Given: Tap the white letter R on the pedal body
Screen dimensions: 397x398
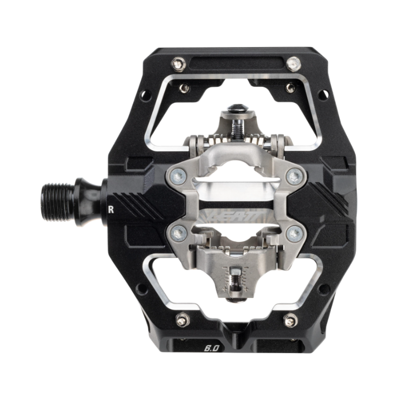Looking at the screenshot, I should (x=111, y=209).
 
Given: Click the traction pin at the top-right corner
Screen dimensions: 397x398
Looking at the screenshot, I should (x=294, y=63).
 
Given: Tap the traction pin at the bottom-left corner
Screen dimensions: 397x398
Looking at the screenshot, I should (x=182, y=320).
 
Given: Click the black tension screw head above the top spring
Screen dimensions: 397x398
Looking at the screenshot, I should (x=235, y=108).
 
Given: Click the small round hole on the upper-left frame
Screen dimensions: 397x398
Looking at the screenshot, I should (x=145, y=93).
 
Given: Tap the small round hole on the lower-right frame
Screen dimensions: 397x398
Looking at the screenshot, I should (x=323, y=288).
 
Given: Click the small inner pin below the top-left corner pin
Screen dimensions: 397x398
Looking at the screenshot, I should (x=184, y=88).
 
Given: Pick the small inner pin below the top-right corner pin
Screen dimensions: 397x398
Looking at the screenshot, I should (x=290, y=88).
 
